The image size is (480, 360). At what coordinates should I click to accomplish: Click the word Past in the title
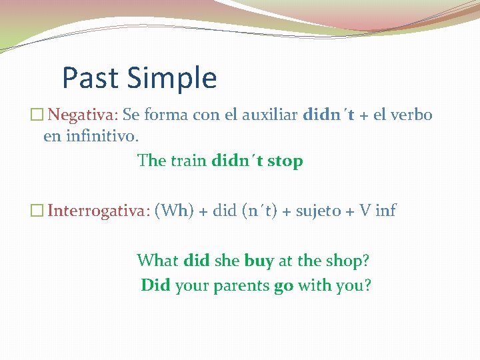(90, 78)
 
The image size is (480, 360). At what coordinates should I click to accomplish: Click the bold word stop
(285, 161)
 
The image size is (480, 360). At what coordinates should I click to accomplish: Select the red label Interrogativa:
(99, 211)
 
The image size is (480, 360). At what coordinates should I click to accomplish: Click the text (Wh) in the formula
(173, 211)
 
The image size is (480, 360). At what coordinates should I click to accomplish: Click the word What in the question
(157, 261)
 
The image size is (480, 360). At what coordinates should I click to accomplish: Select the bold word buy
(259, 261)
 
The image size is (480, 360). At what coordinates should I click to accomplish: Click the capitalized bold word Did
(155, 285)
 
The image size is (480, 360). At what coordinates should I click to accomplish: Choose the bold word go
(283, 286)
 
